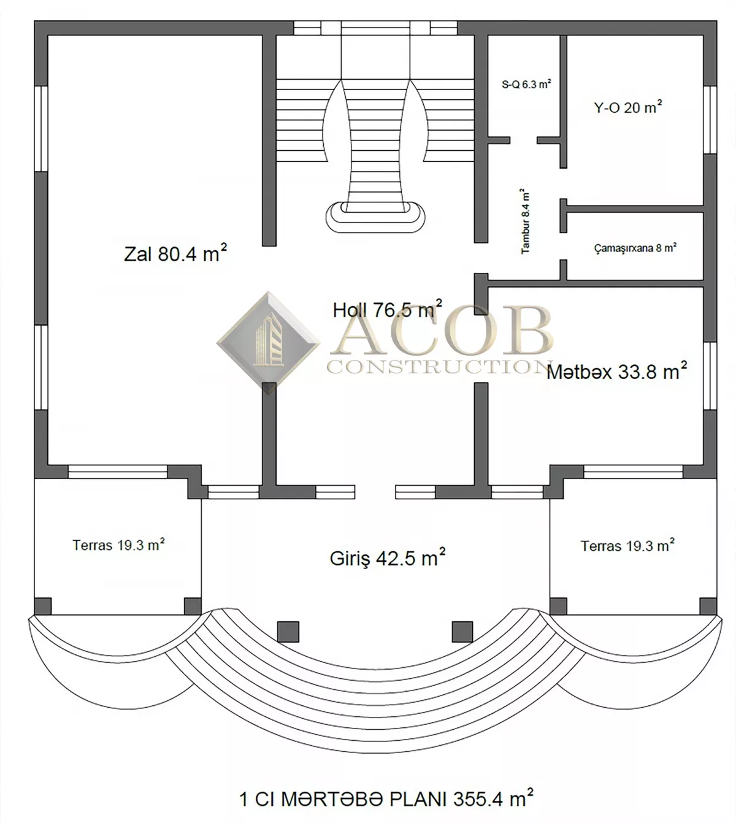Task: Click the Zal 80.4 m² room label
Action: [175, 253]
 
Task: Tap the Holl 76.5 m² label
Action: [387, 310]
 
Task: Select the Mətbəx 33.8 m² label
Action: [616, 371]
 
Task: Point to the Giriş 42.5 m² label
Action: [387, 558]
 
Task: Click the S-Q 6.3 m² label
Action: [526, 84]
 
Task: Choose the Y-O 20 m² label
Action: [628, 107]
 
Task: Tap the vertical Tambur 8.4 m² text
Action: [525, 221]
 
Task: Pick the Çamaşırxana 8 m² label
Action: [635, 248]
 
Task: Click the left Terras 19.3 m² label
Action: [118, 545]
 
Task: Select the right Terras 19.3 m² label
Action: [627, 546]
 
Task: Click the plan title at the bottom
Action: [386, 798]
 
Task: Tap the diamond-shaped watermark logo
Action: [268, 342]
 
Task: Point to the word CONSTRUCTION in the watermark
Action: [439, 367]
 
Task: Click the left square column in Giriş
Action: [288, 631]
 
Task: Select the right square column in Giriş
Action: [462, 631]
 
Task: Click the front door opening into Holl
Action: [375, 492]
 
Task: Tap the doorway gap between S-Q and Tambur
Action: [523, 140]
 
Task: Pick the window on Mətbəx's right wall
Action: [710, 376]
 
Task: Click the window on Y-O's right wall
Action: [710, 120]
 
